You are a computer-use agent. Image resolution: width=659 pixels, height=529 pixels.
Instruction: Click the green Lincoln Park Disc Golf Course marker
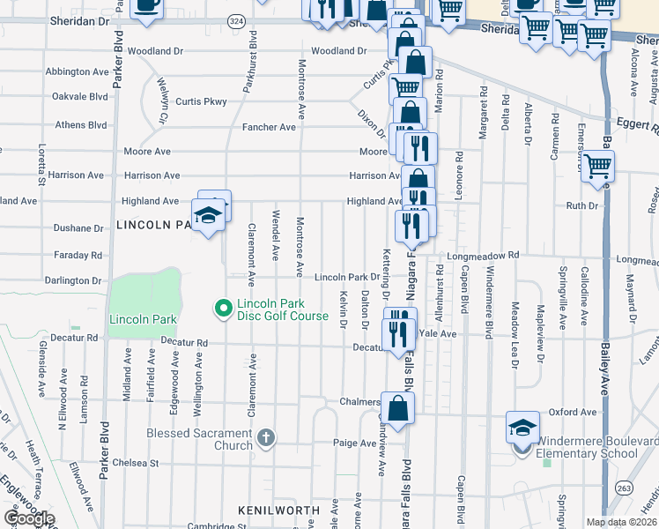[x=223, y=309]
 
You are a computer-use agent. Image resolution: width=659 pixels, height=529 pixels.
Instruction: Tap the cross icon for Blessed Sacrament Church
[x=267, y=437]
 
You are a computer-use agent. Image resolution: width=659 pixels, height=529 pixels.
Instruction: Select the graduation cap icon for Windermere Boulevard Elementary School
[x=522, y=428]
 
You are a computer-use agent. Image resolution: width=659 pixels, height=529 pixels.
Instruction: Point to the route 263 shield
[x=624, y=488]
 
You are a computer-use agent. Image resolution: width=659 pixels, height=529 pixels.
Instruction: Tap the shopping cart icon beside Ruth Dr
[x=597, y=165]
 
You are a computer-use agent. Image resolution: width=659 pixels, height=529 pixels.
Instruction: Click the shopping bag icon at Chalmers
[x=398, y=408]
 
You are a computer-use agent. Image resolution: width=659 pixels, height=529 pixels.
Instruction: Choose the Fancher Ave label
[x=270, y=127]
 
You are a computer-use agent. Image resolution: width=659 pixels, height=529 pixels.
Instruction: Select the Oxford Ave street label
[x=573, y=412]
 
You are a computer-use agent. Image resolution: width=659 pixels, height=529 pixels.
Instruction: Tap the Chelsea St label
[x=135, y=462]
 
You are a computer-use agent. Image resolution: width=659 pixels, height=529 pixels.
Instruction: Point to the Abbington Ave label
[x=77, y=71]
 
